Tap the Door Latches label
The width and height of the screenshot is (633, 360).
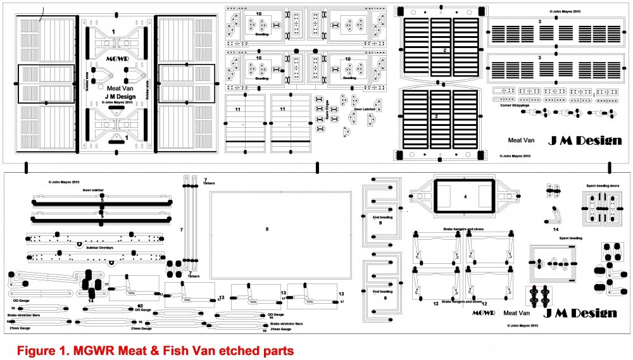(366, 109)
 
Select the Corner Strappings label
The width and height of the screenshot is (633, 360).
(513, 105)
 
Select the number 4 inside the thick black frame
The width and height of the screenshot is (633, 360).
(465, 197)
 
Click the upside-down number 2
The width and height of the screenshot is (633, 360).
(445, 49)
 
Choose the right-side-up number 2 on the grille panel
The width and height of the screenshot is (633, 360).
(436, 116)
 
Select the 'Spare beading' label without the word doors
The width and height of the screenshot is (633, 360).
(570, 238)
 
